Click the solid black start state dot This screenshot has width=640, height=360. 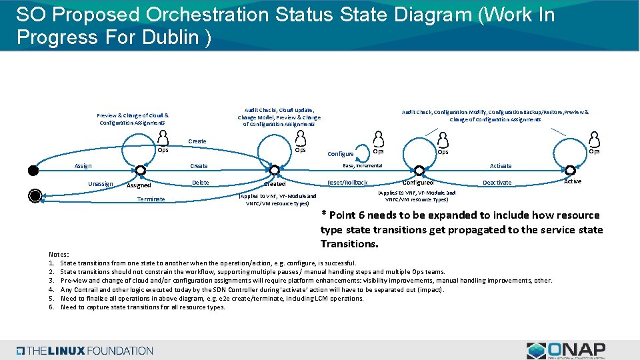coord(33,169)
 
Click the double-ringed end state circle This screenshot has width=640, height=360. coord(35,195)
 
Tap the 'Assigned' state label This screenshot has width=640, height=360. coord(139,185)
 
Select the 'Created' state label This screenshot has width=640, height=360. coord(275,183)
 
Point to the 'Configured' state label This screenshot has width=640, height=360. coord(419,182)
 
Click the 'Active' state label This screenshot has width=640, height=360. coord(572,181)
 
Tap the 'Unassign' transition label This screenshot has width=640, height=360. coord(101,183)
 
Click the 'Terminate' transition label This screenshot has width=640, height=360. coord(151,199)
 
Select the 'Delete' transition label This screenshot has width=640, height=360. coord(200,183)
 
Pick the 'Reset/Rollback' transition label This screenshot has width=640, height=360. coord(347,183)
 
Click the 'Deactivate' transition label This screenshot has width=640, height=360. coord(497,183)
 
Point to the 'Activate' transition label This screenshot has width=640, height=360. coord(501,166)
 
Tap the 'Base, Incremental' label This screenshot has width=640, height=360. coord(362,165)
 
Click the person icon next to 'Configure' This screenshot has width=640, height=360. coord(379,138)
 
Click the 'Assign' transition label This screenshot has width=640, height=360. coord(83,166)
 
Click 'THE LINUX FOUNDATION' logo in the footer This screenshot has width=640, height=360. coord(85,351)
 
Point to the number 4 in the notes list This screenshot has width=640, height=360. coord(51,289)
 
